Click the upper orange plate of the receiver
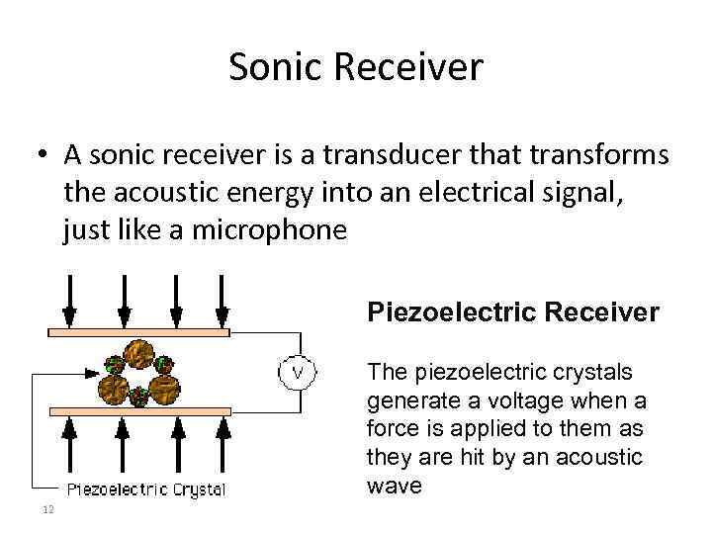139,333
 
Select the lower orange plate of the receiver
139,410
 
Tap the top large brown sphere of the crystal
138,353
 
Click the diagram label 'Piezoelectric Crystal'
145,489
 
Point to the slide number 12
46,509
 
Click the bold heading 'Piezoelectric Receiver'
512,312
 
